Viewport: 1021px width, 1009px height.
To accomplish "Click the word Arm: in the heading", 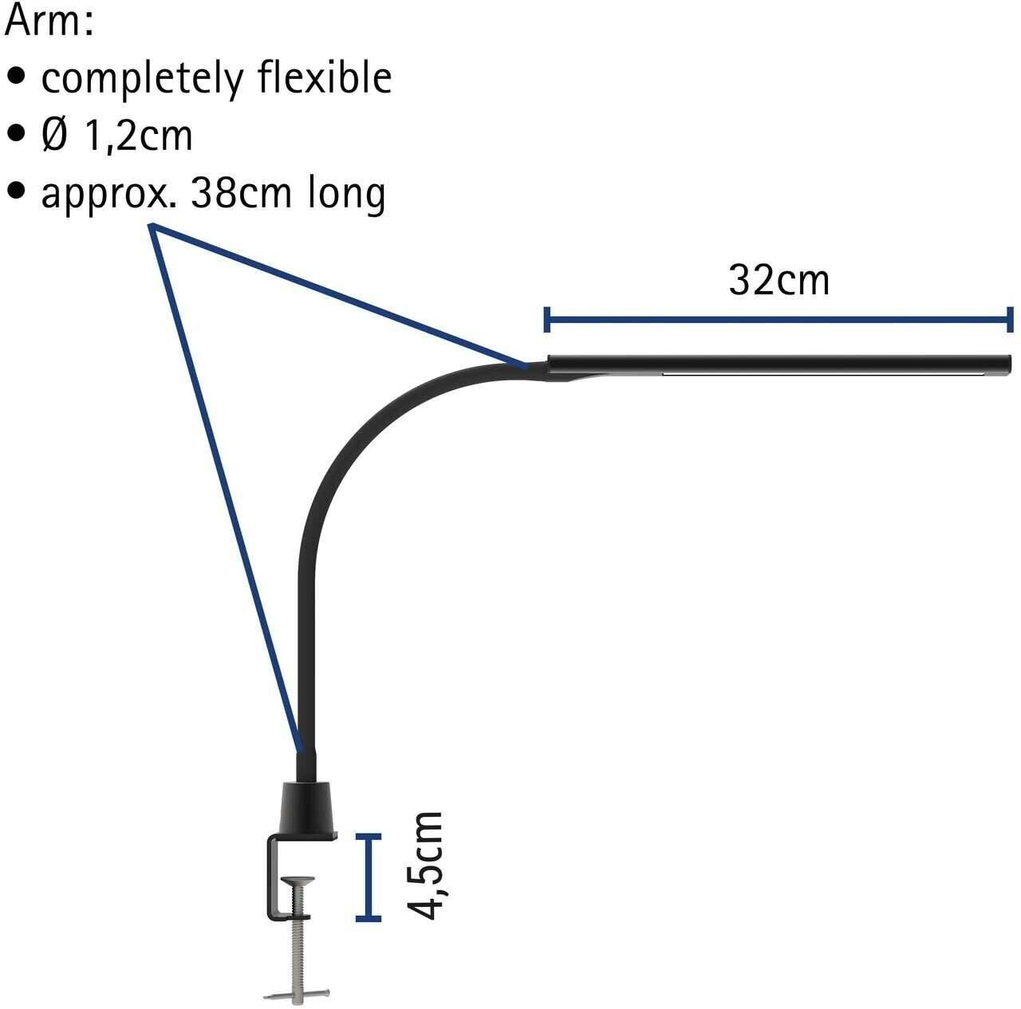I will (x=49, y=22).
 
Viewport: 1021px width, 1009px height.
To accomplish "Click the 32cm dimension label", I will (x=779, y=280).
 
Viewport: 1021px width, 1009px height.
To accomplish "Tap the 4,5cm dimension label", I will (x=424, y=865).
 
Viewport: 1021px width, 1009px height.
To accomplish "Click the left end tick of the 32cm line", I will (x=546, y=320).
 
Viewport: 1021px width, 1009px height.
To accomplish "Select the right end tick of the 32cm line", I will (x=1011, y=320).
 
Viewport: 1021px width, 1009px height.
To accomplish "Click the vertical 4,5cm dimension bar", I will (x=368, y=877).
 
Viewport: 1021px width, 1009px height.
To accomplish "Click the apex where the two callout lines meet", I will (x=152, y=227).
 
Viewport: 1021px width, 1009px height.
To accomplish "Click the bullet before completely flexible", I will (x=16, y=78).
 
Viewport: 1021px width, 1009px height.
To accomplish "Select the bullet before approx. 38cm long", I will (x=16, y=193).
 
